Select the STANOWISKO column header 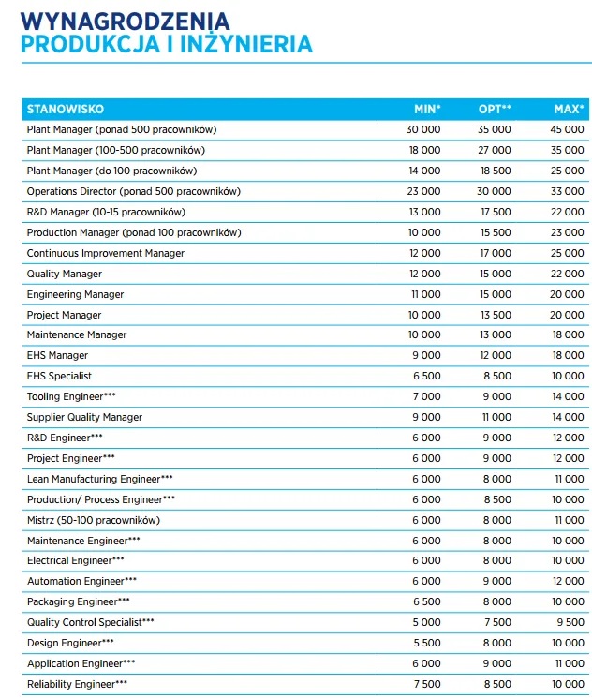point(65,109)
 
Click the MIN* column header point(427,109)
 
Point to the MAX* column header point(569,109)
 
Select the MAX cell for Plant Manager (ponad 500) point(567,129)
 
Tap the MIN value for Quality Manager point(423,274)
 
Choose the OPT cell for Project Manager point(495,315)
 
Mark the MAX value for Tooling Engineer point(567,396)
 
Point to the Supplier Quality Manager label point(84,417)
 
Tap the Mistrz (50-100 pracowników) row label point(94,520)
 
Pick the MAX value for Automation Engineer point(567,581)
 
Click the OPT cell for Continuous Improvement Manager point(495,253)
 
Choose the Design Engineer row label point(70,643)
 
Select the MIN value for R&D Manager point(423,212)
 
